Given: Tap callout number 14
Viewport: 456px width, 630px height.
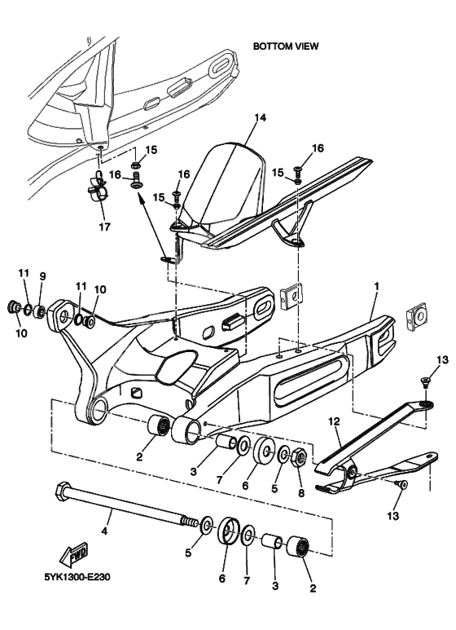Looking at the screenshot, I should [x=260, y=118].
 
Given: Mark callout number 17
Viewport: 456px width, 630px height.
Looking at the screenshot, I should [x=103, y=226].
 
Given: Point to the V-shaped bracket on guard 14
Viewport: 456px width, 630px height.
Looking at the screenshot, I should [x=288, y=230].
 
